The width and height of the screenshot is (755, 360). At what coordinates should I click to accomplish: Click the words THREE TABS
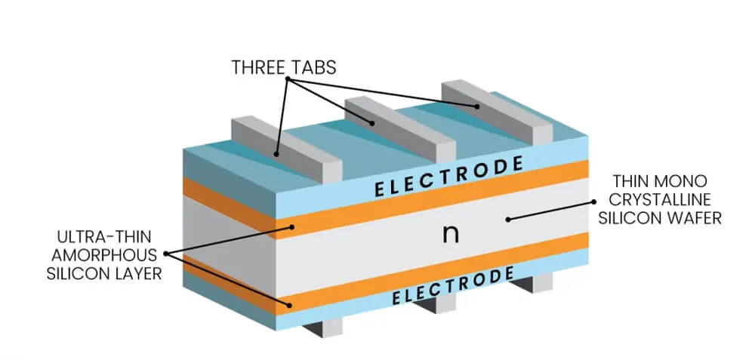point(283,68)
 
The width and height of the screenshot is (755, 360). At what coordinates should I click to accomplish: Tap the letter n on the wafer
point(450,234)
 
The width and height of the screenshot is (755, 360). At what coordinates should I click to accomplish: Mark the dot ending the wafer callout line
point(508,219)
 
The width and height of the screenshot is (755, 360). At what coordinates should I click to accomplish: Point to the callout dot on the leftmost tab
point(277,154)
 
